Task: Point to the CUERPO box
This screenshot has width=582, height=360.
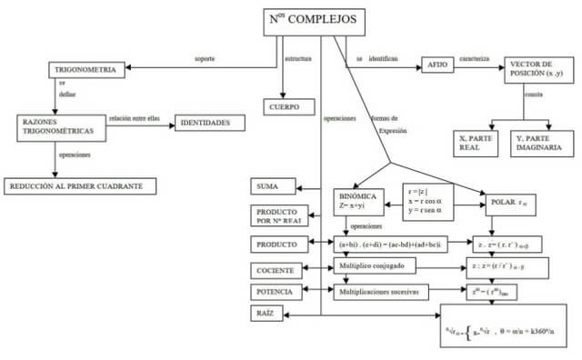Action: pos(284,106)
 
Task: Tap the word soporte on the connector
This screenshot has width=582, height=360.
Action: pos(205,59)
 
